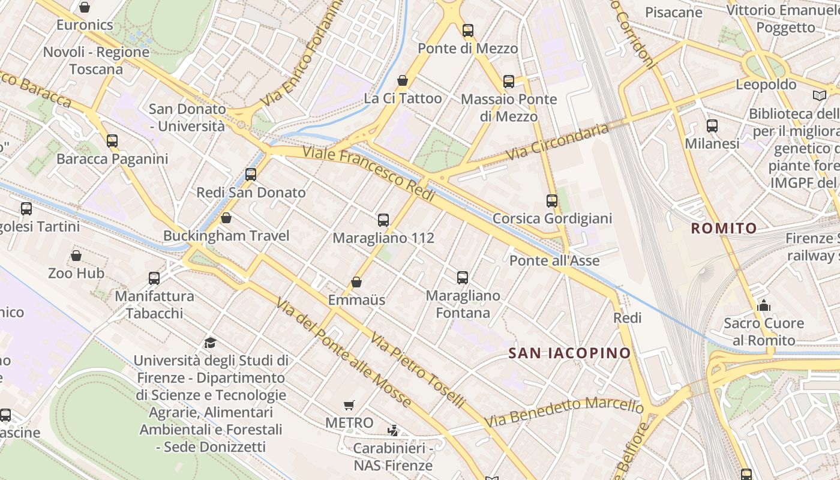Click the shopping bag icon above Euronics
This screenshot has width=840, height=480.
(x=85, y=7)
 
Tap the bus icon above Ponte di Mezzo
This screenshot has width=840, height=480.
(x=468, y=31)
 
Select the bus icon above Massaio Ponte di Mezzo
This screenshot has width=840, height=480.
(x=509, y=82)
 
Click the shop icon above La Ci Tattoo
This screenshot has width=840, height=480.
(x=403, y=80)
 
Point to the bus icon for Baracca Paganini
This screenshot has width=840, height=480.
(x=112, y=141)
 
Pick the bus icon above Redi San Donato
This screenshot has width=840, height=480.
(x=251, y=175)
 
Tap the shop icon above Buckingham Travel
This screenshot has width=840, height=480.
(x=226, y=218)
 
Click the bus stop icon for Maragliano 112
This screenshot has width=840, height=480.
(x=383, y=220)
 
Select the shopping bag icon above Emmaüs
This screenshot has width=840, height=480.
(x=356, y=282)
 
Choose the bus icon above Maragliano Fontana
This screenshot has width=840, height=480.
(x=463, y=278)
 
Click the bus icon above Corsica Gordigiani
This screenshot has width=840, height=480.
(x=552, y=201)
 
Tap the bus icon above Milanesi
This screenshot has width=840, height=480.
(x=712, y=126)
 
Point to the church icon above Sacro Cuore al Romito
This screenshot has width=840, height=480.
(x=763, y=306)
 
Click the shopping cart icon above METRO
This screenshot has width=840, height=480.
(x=349, y=406)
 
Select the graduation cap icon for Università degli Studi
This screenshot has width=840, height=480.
(x=210, y=343)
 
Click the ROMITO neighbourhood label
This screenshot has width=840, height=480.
(x=724, y=228)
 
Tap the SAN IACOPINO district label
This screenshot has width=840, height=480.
(x=569, y=353)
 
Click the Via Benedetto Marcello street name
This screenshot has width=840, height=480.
(x=565, y=412)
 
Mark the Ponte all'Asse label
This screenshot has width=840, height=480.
(x=554, y=260)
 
